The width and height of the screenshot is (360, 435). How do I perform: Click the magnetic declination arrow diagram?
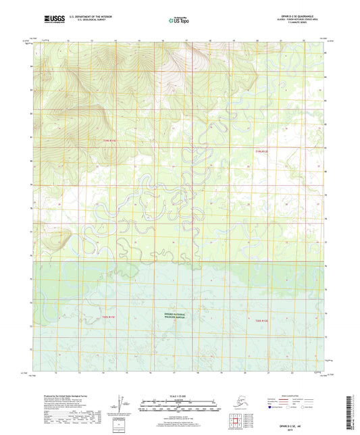coord(120,405)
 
